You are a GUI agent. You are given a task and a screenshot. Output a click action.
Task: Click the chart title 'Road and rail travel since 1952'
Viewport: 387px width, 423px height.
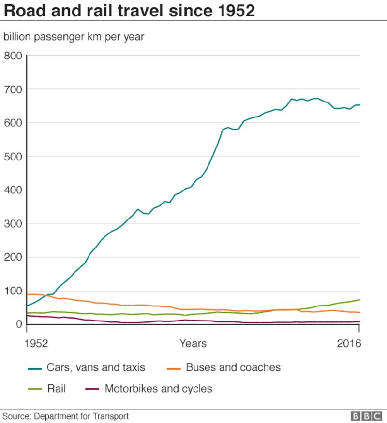pos(129,11)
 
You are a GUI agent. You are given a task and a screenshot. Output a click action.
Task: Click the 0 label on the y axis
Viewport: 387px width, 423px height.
pos(19,324)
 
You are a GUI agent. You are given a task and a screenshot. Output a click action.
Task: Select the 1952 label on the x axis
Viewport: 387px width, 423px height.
pos(37,344)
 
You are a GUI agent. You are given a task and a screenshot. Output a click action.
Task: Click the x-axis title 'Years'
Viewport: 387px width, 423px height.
pos(193,344)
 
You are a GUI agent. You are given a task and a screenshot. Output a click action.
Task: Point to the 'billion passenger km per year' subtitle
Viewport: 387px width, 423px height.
pos(74,37)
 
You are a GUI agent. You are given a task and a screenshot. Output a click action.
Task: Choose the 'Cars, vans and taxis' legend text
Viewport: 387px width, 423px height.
pos(96,368)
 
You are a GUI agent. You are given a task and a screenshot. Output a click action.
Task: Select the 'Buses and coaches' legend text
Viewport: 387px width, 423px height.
pos(233,368)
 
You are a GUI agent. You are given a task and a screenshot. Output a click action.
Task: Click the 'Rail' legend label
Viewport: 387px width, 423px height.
pos(56,389)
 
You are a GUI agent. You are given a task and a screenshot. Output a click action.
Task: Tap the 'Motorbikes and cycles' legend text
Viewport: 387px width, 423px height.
pos(158,389)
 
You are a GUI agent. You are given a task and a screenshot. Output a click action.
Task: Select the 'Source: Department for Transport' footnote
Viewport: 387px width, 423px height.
pos(66,416)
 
